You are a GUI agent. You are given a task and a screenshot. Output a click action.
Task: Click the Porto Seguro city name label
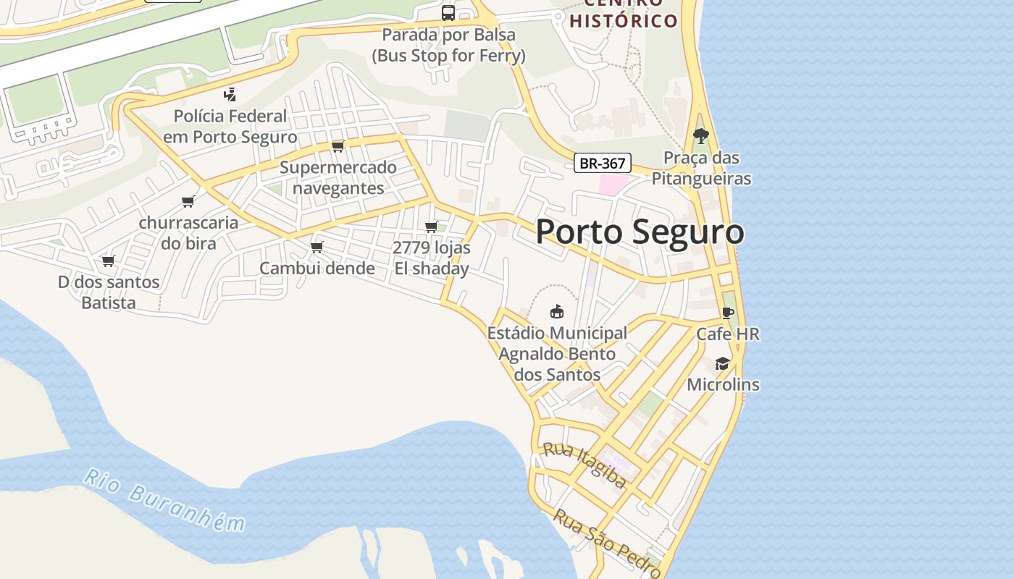click(x=640, y=232)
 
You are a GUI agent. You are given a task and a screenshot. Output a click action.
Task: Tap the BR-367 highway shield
click(x=603, y=163)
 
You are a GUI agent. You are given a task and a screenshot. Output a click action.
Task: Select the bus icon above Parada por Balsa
click(x=448, y=12)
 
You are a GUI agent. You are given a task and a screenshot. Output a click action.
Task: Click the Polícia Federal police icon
click(x=230, y=94)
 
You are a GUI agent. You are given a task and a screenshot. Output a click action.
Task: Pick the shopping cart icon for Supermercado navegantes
click(x=338, y=147)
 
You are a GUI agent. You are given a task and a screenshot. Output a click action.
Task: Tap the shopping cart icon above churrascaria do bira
click(x=188, y=201)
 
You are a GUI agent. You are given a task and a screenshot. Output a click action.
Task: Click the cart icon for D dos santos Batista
click(x=108, y=261)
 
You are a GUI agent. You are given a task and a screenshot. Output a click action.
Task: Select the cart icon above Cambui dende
click(x=317, y=248)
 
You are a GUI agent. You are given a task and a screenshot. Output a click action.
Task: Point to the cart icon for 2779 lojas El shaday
click(x=432, y=227)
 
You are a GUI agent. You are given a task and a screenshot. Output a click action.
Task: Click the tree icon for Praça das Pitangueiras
click(x=700, y=135)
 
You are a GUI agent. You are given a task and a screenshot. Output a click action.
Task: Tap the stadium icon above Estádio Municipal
click(x=556, y=311)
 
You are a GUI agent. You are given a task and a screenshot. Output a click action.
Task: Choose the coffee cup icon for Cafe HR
click(x=727, y=313)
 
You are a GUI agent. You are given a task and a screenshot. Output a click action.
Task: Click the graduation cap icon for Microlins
click(x=722, y=363)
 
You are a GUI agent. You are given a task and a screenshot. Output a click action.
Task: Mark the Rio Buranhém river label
click(x=164, y=500)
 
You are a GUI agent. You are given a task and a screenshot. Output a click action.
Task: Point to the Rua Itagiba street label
click(x=584, y=465)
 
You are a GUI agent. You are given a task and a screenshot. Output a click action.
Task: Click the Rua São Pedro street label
click(x=606, y=543)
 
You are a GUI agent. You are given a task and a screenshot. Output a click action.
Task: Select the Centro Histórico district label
click(x=624, y=14)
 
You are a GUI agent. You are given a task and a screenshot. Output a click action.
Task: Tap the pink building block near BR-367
click(x=613, y=184)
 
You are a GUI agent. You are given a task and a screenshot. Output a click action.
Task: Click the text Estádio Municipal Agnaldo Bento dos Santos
click(x=557, y=354)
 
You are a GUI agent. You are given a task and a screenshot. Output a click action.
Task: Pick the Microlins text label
click(x=723, y=384)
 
